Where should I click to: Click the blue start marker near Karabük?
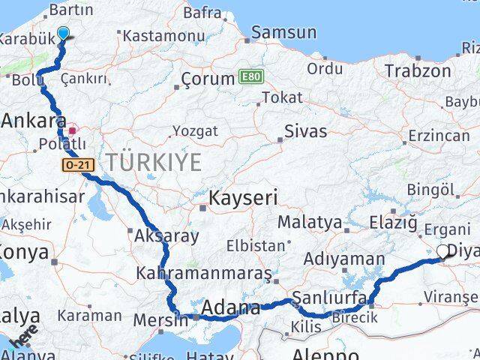click(63, 32)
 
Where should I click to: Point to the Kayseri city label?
click(243, 199)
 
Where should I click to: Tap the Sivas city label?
click(305, 131)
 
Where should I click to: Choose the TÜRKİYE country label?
click(153, 160)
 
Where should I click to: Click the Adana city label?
click(232, 307)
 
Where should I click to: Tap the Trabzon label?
click(418, 71)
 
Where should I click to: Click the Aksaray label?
click(166, 236)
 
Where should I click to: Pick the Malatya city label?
click(310, 223)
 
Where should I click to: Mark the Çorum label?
click(208, 79)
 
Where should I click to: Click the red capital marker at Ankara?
click(73, 130)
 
